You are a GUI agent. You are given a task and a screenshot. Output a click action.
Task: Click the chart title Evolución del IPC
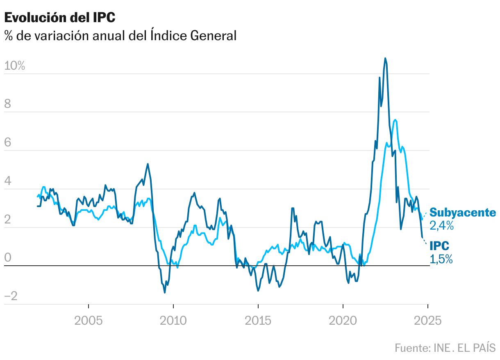click(60, 18)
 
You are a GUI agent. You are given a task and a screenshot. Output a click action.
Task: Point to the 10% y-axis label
click(15, 66)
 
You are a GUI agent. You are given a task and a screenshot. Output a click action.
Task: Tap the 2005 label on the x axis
click(89, 320)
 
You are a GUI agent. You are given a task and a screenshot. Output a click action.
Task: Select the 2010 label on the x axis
click(173, 320)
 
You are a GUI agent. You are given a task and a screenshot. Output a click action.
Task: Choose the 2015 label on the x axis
click(258, 320)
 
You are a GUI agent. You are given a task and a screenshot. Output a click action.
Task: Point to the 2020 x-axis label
click(343, 320)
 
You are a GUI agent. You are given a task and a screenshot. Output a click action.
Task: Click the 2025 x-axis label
click(427, 320)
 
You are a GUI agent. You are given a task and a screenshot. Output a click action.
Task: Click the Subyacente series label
click(463, 213)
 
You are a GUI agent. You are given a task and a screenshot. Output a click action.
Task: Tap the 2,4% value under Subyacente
click(442, 226)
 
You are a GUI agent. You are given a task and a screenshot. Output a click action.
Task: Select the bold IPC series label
click(439, 246)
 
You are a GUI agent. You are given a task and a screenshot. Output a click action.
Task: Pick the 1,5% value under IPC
click(441, 259)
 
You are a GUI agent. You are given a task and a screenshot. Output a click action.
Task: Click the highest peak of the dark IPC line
click(385, 58)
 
